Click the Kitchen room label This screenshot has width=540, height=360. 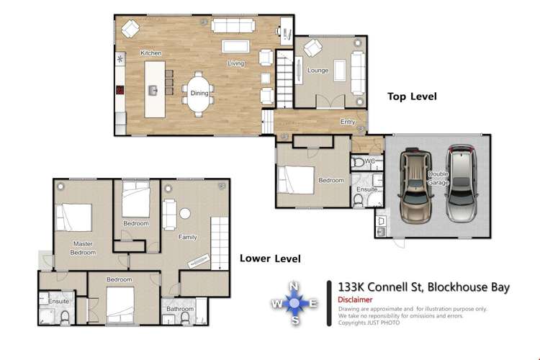[x=150, y=53]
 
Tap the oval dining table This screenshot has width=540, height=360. [x=199, y=93]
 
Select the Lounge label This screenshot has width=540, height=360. [x=318, y=71]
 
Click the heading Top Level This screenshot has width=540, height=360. [x=412, y=96]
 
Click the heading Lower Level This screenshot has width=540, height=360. [x=270, y=258]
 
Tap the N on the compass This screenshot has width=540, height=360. [x=294, y=287]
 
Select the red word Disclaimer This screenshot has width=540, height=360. [x=356, y=300]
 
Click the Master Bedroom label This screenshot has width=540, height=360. [x=83, y=248]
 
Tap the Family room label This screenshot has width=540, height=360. [x=188, y=236]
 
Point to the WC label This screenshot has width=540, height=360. [x=370, y=161]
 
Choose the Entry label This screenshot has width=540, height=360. [x=348, y=122]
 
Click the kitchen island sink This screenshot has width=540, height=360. [x=153, y=90]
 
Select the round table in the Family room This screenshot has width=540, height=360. [x=185, y=213]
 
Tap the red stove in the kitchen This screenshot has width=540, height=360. [x=120, y=91]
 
